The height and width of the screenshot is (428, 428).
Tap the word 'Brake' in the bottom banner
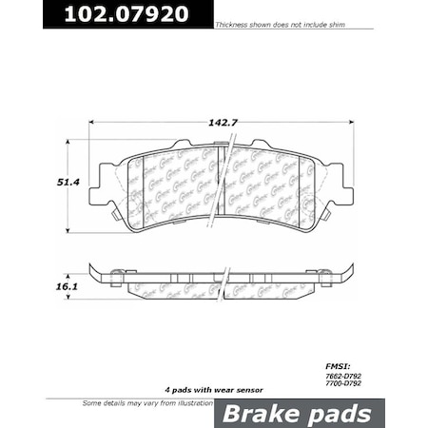point(254,413)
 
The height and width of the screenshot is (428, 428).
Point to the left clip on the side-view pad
point(115,278)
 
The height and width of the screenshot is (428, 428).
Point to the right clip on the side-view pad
point(325,278)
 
